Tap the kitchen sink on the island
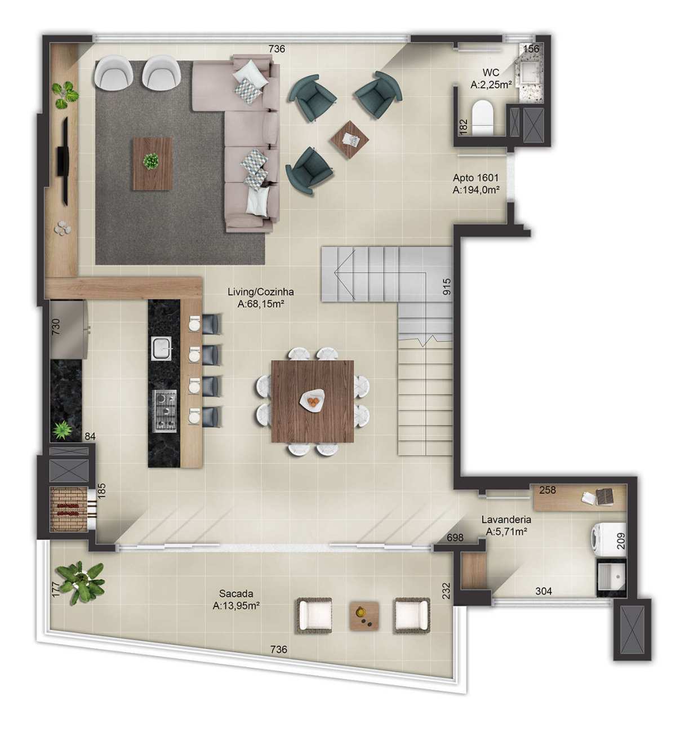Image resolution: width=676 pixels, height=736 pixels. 161,348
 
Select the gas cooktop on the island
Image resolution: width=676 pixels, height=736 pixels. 164,410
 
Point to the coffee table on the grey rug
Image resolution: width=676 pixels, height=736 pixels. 153,163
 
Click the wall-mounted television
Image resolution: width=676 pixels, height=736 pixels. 64,161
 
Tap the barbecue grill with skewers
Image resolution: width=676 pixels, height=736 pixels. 69,509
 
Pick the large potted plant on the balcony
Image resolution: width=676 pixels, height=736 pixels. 81,582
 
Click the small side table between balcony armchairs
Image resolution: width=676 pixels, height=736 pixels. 364,615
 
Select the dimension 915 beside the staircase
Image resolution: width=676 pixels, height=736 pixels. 446,286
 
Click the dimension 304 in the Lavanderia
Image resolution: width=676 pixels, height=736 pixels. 544,591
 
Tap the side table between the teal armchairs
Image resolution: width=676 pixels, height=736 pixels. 350,139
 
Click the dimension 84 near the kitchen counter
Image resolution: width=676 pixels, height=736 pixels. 90,436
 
